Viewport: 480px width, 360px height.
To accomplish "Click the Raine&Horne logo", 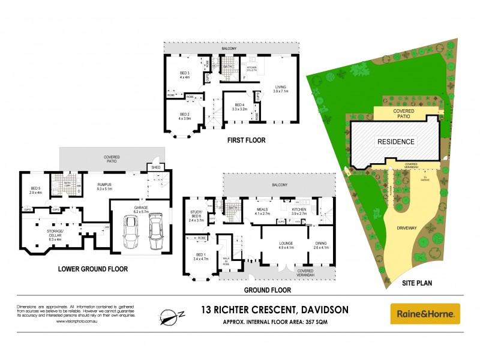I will [425, 313].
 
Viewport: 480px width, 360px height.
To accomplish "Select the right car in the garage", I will [155, 232].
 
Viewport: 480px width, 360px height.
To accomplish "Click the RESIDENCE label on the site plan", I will [395, 142].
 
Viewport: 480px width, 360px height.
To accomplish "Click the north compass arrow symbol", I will [170, 314].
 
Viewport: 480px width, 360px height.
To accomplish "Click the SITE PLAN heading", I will [416, 281].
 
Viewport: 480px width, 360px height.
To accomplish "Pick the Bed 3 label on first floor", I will [184, 75].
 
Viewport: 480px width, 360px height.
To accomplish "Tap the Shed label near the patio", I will [155, 168].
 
